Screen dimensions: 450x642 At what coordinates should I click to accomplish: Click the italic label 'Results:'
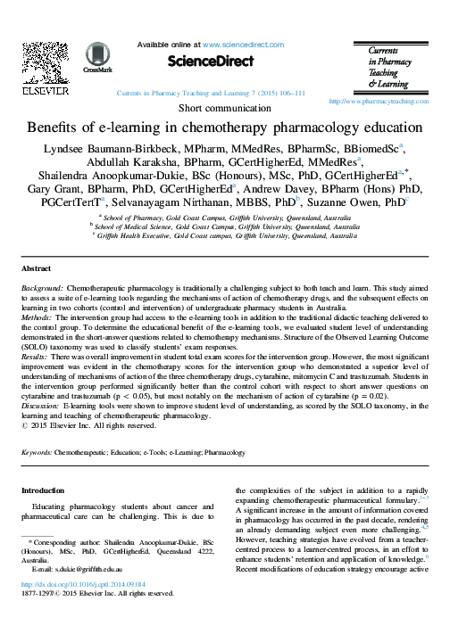pyautogui.click(x=36, y=355)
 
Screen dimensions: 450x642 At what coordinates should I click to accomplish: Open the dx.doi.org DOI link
pyautogui.click(x=78, y=609)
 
